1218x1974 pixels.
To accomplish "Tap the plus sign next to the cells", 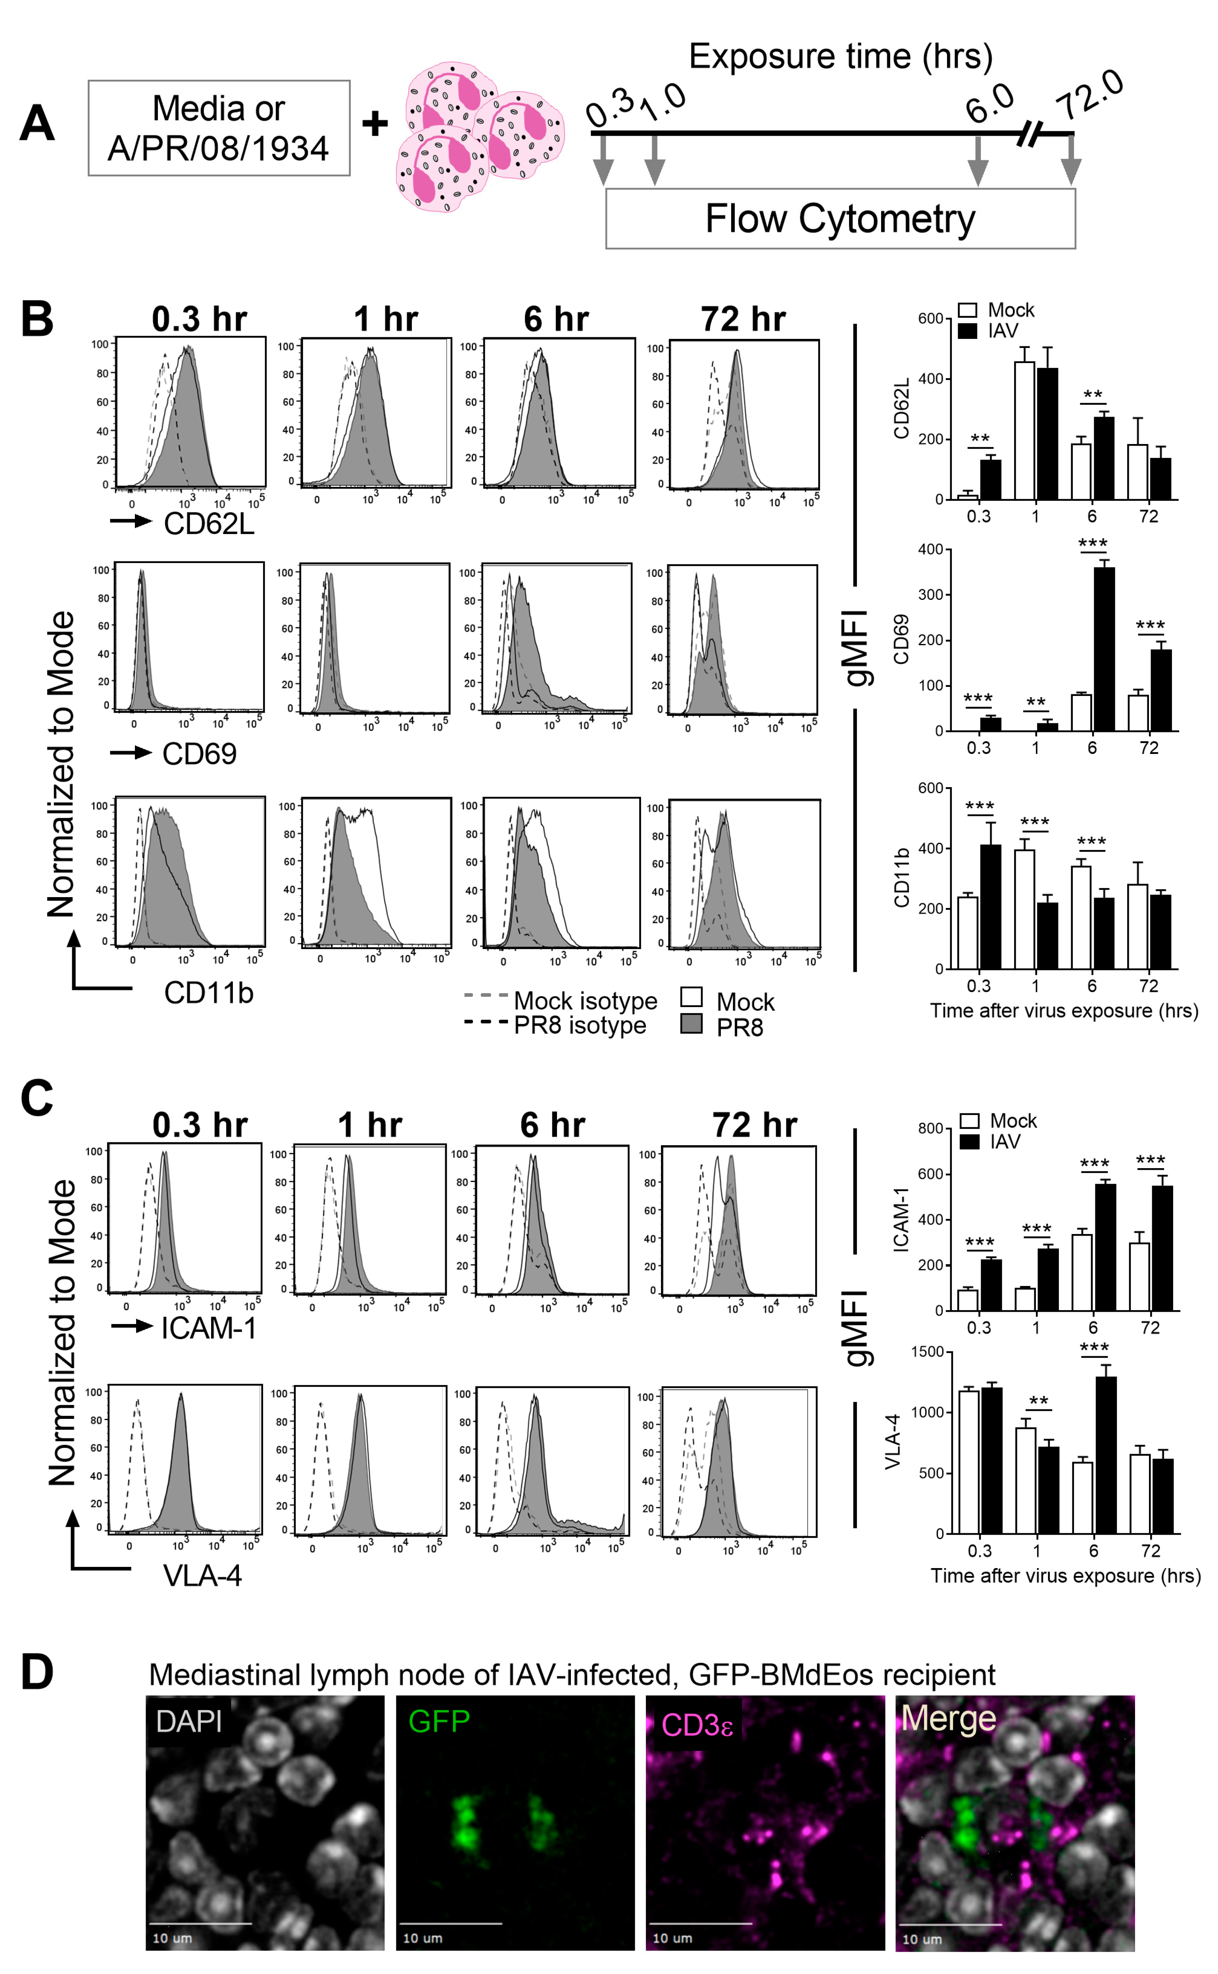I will click(x=375, y=123).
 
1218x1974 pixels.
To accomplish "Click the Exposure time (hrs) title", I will click(x=840, y=56).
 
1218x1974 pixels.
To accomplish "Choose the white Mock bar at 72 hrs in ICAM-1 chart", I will click(x=1139, y=1276).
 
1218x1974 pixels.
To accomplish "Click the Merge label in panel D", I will click(x=948, y=1719).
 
